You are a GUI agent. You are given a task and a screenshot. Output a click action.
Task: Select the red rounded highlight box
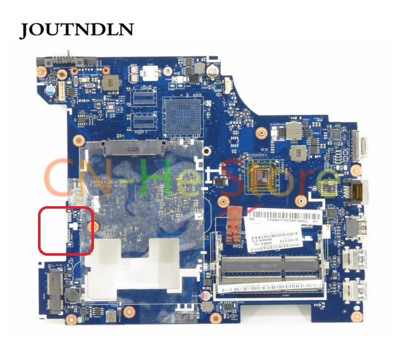click(66, 230)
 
